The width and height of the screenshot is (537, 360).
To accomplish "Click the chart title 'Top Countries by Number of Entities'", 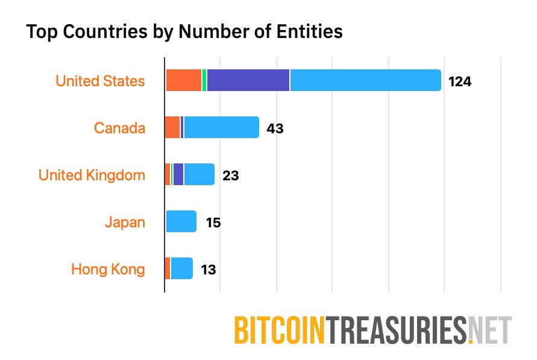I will point(184,32).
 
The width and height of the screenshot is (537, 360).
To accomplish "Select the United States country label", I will point(100,81).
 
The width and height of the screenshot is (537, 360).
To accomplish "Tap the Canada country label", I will point(119,128).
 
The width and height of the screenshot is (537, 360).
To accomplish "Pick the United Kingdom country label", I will point(92,175).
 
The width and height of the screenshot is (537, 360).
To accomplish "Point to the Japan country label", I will point(125,222).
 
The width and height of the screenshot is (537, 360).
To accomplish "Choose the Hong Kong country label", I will point(108,269).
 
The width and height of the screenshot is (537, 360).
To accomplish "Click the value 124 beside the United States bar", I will point(459,81).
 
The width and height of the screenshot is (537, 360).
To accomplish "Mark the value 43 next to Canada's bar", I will point(275,128).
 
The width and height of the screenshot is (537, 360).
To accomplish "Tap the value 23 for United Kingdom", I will point(231,175).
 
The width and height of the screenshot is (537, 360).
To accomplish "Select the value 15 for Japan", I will point(213,223).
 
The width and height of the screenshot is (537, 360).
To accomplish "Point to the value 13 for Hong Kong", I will point(209,270).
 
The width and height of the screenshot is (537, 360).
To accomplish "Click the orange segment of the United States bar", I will point(183,80).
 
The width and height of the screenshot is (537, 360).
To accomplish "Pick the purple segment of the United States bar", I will point(248,80).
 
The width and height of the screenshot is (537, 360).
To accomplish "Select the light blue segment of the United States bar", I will point(365,80).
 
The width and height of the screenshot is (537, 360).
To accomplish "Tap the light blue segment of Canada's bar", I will point(221,127).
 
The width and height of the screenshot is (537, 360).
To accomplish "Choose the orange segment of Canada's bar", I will point(172,127).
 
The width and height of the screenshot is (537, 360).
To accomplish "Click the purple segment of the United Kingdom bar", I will point(178,174).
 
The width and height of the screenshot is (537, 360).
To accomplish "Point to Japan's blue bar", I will point(181,221).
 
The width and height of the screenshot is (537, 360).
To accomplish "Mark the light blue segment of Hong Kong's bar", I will point(181,268).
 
